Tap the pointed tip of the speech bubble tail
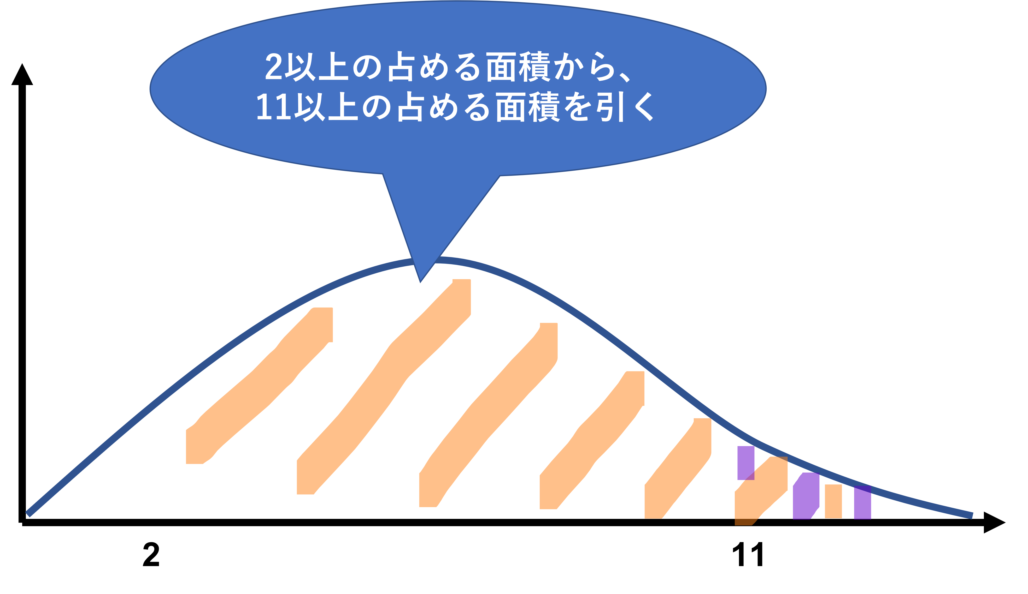tap(420, 281)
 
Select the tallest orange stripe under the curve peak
tap(384, 387)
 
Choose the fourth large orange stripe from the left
tap(591, 440)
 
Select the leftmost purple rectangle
tap(746, 463)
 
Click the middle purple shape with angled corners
tap(806, 496)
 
